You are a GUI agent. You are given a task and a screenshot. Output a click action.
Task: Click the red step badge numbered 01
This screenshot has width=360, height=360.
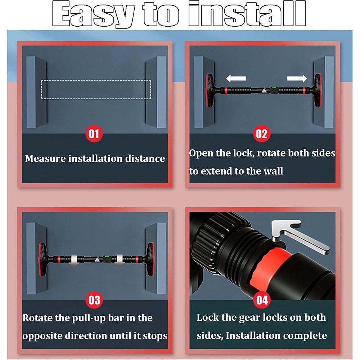click(94, 134)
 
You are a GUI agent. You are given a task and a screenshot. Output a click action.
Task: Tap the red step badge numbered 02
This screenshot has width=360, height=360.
click(262, 134)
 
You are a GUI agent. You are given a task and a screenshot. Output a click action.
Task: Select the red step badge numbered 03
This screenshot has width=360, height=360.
click(94, 300)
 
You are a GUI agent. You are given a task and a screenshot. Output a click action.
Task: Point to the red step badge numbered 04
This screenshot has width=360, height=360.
click(262, 300)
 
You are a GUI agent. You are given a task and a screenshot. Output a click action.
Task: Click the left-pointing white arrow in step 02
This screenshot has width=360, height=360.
click(236, 78)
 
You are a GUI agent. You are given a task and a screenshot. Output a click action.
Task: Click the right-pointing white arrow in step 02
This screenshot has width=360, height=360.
click(297, 78)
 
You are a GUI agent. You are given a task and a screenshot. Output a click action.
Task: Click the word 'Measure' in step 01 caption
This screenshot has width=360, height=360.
click(45, 159)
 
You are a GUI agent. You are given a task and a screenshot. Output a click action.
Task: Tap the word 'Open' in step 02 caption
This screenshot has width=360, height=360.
click(202, 153)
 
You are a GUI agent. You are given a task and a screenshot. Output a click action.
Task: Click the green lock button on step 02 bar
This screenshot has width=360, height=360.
click(274, 87)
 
